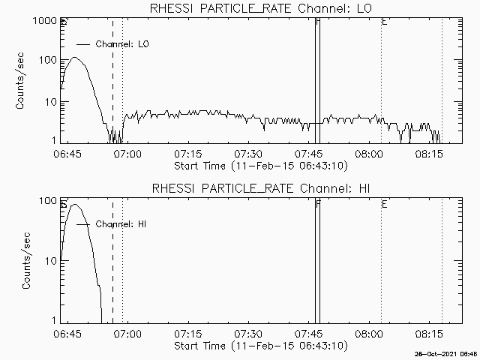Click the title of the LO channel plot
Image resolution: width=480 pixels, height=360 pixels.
(x=261, y=8)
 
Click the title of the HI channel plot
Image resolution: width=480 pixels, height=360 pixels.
(x=261, y=188)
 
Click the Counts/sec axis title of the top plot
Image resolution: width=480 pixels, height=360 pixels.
(x=21, y=81)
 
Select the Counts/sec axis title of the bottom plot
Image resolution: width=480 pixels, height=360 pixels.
(x=26, y=261)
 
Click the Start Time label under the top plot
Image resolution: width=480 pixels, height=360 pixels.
(x=259, y=165)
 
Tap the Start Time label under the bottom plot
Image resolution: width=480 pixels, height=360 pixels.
(x=259, y=345)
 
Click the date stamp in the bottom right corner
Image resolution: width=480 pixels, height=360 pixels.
(x=447, y=353)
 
